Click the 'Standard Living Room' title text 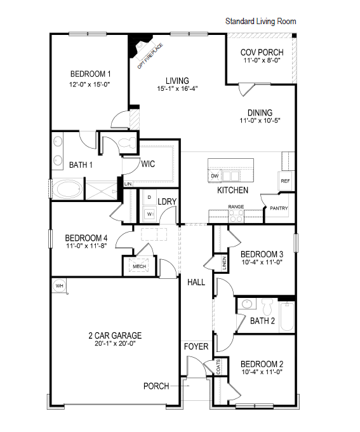click(x=260, y=22)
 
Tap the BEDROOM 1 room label click(x=90, y=74)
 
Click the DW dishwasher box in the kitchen click(x=215, y=175)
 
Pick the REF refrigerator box click(x=285, y=181)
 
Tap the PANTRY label click(x=279, y=208)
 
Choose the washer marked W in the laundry click(x=150, y=214)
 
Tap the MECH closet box click(x=140, y=266)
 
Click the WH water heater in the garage click(x=60, y=285)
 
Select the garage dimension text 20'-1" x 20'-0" click(x=115, y=343)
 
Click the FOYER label click(x=196, y=347)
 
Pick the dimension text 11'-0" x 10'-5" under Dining click(x=260, y=120)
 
